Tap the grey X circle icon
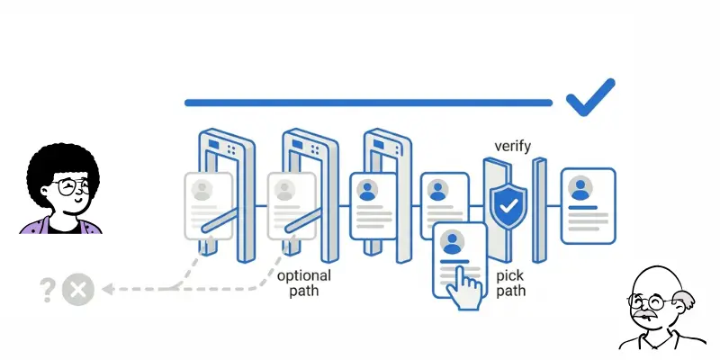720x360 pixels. pyautogui.click(x=78, y=290)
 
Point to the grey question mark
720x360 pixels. pyautogui.click(x=48, y=290)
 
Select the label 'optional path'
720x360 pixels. pyautogui.click(x=303, y=283)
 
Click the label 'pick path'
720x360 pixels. pyautogui.click(x=510, y=283)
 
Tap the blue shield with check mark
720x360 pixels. pyautogui.click(x=508, y=207)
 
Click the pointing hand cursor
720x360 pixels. pyautogui.click(x=465, y=289)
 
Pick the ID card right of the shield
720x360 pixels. pyautogui.click(x=588, y=205)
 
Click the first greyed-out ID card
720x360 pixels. pyautogui.click(x=208, y=205)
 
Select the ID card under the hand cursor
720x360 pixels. pyautogui.click(x=460, y=259)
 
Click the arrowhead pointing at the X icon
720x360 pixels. pyautogui.click(x=106, y=290)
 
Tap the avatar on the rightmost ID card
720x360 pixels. pyautogui.click(x=580, y=188)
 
